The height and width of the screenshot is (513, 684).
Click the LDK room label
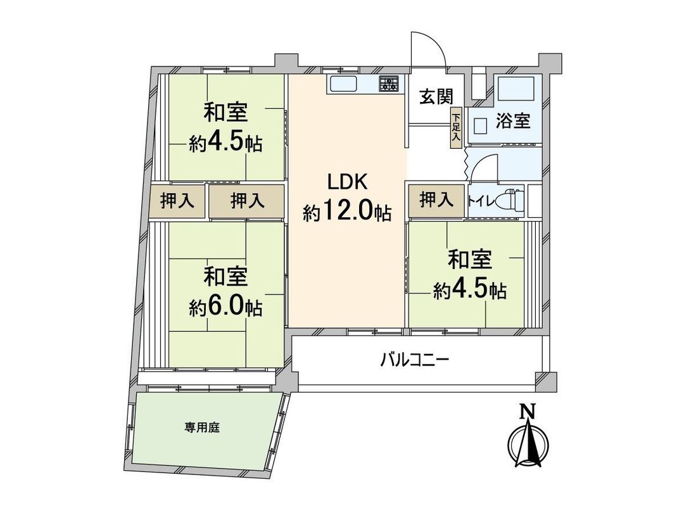coord(346,182)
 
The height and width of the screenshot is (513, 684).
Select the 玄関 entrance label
coord(436,98)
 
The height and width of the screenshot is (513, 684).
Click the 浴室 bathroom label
coord(513,120)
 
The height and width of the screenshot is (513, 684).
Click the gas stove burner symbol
coord(389,84)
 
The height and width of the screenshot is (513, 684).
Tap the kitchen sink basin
coord(343,85)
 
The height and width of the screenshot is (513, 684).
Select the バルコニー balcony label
coord(415,361)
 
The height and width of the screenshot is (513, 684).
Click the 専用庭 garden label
coord(202,428)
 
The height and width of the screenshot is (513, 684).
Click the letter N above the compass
coord(526,412)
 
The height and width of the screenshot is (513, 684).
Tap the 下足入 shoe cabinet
coord(456,129)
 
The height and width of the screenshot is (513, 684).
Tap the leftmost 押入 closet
coord(177,201)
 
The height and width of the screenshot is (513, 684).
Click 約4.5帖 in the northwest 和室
coord(225,143)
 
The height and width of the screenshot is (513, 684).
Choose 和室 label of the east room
coord(470,260)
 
